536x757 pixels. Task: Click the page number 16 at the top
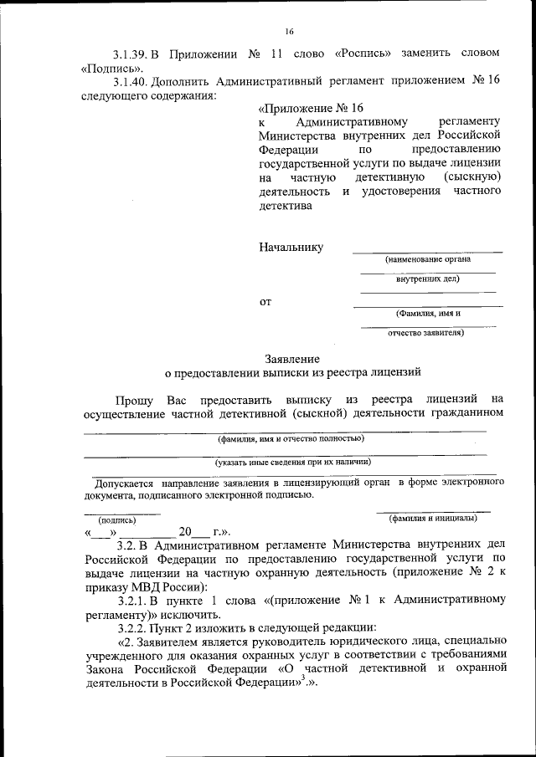coord(289,32)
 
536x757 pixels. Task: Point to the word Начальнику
coord(291,248)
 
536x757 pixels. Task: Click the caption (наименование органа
coord(428,260)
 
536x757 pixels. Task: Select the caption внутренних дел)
coord(427,279)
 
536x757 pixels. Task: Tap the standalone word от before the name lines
coord(265,301)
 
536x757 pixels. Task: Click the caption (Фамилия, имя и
coord(428,314)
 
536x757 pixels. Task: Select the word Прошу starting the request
coord(134,399)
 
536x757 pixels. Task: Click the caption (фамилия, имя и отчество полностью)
coord(291,438)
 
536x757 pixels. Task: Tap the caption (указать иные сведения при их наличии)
coord(292,461)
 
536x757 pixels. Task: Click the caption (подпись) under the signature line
coord(117,519)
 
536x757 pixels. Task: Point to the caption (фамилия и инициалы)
coord(433,518)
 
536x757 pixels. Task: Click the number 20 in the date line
coord(185,531)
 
